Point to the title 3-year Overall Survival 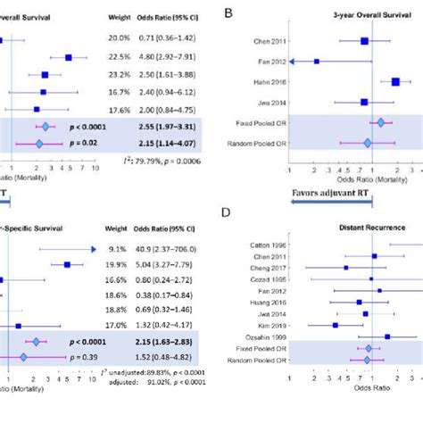(364, 17)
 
